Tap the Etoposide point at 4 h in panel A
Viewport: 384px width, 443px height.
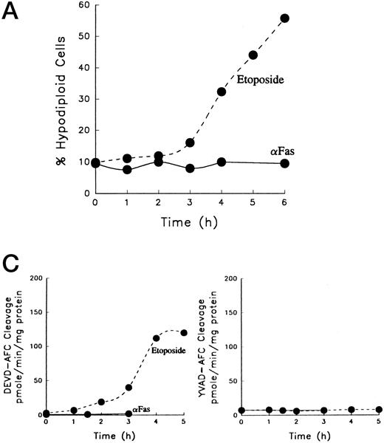[x=222, y=92]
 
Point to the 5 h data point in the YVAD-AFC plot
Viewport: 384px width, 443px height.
[x=377, y=410]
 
